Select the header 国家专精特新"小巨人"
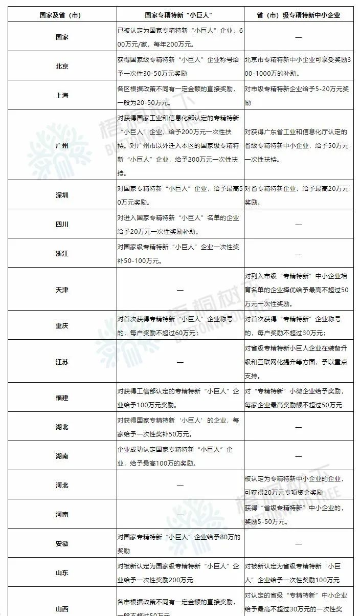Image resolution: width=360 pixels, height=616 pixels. pos(180,15)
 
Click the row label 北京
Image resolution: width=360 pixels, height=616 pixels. pos(62,67)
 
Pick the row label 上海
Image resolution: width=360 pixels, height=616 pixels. pos(62,96)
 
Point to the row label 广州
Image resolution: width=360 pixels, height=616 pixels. pos(62,145)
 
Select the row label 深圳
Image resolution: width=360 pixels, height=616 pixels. pos(62,195)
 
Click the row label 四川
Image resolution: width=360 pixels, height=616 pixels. pos(62,225)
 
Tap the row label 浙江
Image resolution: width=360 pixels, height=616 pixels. pos(62,254)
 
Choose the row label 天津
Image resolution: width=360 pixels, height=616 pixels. pos(62,290)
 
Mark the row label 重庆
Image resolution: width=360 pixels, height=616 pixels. pos(62,326)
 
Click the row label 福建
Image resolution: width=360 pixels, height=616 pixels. pos(62,398)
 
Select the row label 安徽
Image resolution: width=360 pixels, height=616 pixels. pos(62,543)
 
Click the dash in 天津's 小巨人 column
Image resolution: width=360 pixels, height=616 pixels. pos(180,290)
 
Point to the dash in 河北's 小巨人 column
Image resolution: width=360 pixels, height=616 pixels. pos(180,485)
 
